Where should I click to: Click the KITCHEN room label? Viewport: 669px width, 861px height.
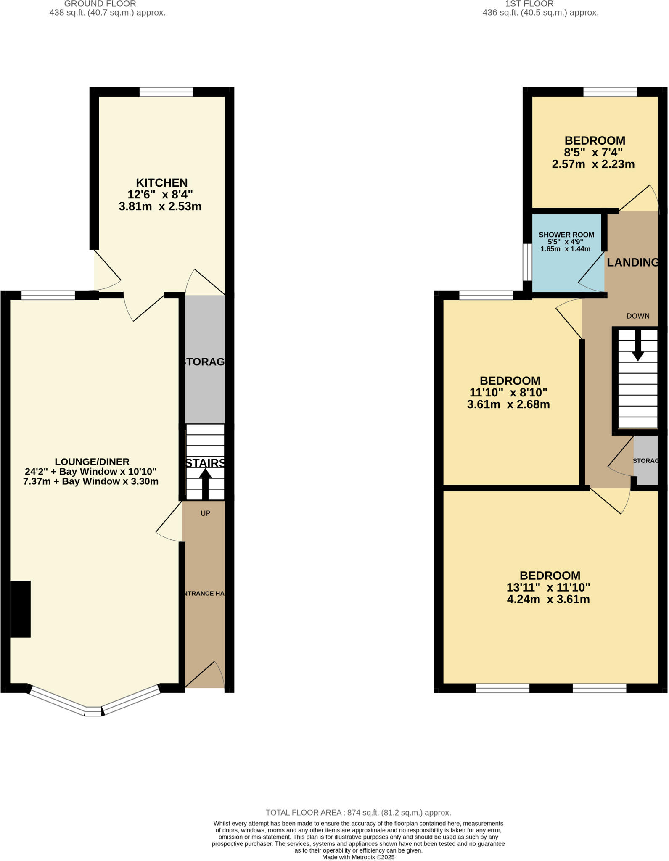[161, 183]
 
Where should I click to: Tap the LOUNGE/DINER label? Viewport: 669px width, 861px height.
[92, 462]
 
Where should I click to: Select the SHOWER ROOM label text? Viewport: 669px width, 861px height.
[566, 235]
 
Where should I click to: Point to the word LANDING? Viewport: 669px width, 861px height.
[632, 262]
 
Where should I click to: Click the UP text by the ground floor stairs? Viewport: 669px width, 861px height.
[205, 513]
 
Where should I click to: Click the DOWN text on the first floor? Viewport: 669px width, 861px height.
[637, 316]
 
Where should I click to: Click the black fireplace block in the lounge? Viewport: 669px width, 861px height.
[20, 609]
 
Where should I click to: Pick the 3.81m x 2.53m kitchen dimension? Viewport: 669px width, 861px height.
[160, 207]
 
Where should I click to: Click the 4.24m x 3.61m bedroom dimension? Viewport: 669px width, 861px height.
[548, 600]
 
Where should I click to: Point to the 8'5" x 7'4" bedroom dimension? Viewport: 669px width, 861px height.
[593, 152]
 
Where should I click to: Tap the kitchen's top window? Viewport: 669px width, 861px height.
[166, 92]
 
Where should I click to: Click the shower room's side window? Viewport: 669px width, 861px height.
[527, 262]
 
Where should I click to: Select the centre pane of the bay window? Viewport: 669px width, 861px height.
[93, 711]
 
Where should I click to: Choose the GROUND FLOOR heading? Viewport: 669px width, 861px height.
[100, 4]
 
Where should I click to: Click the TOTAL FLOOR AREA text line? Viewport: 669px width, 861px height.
[358, 813]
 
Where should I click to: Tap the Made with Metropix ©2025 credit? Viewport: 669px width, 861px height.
[358, 857]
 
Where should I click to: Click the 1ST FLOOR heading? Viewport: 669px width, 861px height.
[529, 4]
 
